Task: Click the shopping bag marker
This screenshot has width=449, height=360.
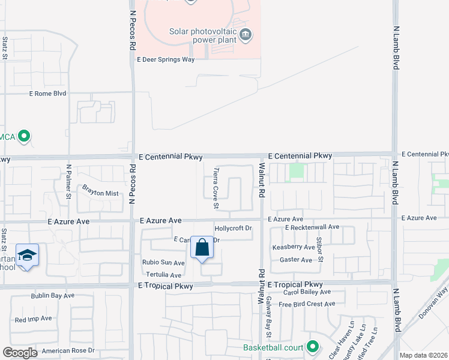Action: [x=202, y=248]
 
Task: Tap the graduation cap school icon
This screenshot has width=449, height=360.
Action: [x=27, y=256]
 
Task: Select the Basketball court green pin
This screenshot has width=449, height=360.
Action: [x=312, y=347]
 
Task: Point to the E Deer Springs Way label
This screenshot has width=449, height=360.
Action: [x=166, y=60]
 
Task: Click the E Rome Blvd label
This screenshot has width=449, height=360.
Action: [x=47, y=94]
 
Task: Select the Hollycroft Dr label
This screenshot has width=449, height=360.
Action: [x=233, y=229]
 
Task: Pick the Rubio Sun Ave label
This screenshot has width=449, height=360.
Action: [x=163, y=263]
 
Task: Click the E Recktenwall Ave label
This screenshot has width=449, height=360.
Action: [x=312, y=227]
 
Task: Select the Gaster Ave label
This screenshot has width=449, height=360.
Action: [x=296, y=260]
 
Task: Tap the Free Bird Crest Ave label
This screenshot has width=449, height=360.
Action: [x=306, y=304]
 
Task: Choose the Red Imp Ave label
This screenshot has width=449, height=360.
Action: [x=34, y=319]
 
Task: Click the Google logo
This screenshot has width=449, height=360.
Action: [x=20, y=353]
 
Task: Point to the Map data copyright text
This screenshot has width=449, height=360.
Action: [x=423, y=355]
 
